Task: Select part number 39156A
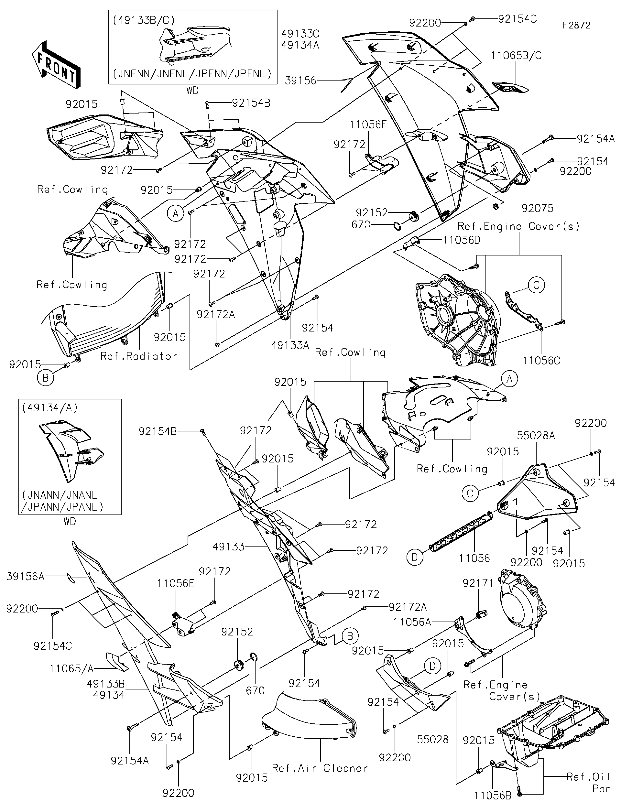click(25, 576)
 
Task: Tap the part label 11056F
click(368, 125)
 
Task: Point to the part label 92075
click(537, 209)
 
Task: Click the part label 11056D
click(462, 240)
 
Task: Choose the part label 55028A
click(536, 436)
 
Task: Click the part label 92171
click(478, 583)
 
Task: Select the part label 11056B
click(493, 795)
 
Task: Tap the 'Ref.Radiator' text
click(138, 356)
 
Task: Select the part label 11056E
click(176, 583)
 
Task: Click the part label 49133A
click(290, 345)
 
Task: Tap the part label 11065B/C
click(516, 56)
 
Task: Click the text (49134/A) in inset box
click(49, 407)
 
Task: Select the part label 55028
click(433, 739)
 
